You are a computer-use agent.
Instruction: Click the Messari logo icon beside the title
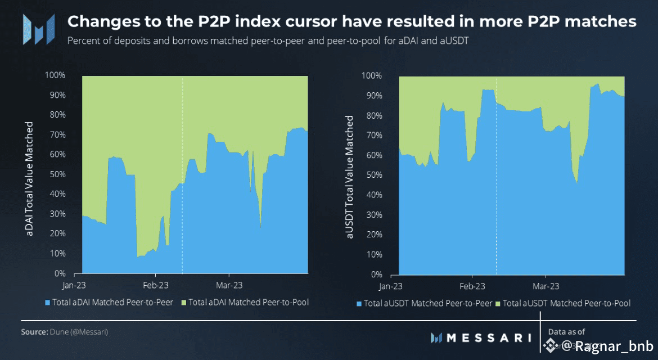coord(38,29)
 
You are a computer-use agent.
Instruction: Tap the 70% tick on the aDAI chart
coord(58,135)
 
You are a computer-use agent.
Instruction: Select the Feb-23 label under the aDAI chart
coord(156,285)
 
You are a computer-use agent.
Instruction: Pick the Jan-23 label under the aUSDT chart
coord(391,286)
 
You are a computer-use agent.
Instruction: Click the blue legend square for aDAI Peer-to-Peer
coord(47,303)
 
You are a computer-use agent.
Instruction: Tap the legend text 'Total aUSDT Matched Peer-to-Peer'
coord(428,304)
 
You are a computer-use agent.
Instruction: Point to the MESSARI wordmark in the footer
coord(488,337)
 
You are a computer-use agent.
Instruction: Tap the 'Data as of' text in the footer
coord(566,332)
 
